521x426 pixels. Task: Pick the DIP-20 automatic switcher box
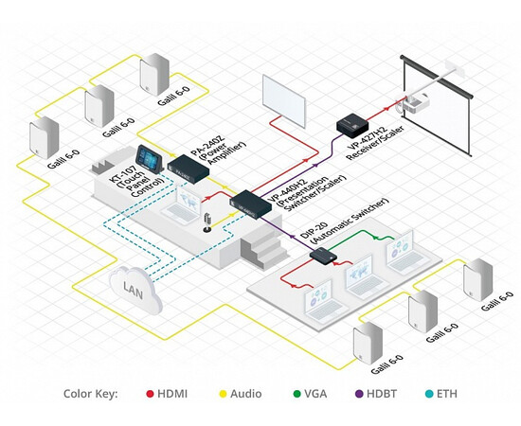pos(324,254)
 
